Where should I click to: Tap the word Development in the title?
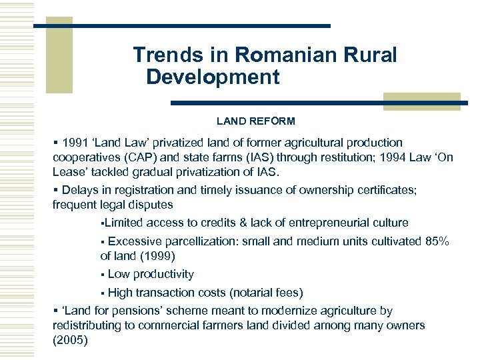coord(213,77)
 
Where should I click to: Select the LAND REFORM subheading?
coord(255,121)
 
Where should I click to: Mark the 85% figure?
coord(437,241)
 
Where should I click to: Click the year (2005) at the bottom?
coord(70,340)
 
